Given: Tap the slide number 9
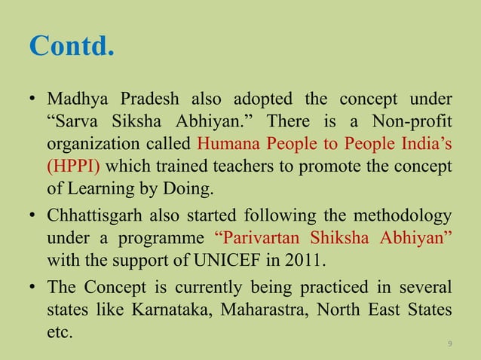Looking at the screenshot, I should tap(449, 344).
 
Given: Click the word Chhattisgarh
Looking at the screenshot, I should tap(90, 218).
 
